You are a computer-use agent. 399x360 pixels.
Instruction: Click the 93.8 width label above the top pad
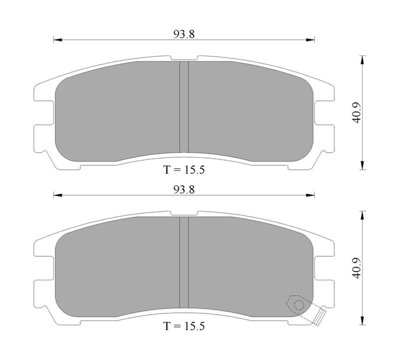[184, 34]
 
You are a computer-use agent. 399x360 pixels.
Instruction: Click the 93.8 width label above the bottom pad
[184, 190]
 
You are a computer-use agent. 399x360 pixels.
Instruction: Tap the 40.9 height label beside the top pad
[356, 113]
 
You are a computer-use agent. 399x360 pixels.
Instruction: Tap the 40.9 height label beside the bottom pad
[356, 268]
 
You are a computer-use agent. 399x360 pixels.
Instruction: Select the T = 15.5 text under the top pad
[184, 170]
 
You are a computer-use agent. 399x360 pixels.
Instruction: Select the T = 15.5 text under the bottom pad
[184, 326]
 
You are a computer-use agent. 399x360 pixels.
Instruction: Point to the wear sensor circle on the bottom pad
[299, 305]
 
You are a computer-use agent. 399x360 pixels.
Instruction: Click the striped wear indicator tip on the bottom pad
[320, 317]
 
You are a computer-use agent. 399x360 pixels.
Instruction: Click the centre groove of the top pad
[184, 107]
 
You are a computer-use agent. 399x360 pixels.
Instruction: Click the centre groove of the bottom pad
[184, 263]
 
